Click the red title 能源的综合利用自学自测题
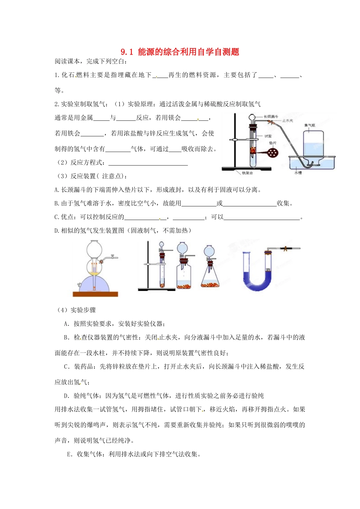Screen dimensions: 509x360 (x=188, y=52)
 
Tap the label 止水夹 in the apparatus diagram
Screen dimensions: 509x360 (x=288, y=121)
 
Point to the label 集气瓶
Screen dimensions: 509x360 (x=309, y=125)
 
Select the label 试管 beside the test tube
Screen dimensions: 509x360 (x=268, y=136)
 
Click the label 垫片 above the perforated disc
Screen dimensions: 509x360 (x=272, y=143)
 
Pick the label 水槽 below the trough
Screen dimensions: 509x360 (x=298, y=173)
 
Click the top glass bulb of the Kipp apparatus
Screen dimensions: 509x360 (x=94, y=249)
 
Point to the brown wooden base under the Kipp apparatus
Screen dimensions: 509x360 (x=95, y=294)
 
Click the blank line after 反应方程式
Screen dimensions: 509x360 (x=148, y=163)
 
